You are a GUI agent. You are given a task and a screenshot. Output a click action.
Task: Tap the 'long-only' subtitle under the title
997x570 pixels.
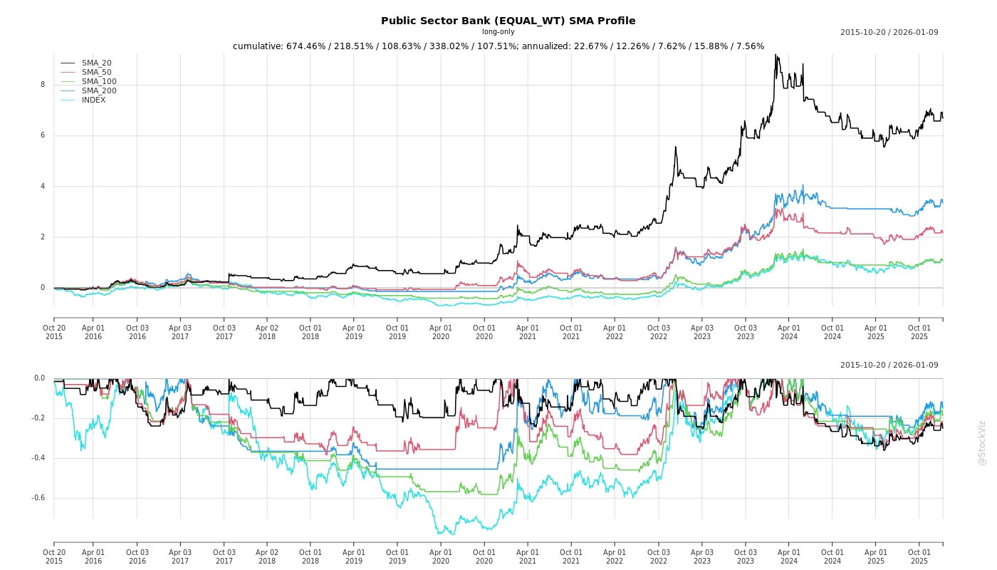498,32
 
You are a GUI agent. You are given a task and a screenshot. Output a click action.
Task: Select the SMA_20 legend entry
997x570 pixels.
96,63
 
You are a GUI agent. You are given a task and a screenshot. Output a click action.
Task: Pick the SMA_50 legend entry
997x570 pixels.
96,73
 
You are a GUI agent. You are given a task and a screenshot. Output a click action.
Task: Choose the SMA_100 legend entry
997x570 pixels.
99,82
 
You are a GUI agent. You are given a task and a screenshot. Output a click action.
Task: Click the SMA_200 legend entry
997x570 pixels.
99,91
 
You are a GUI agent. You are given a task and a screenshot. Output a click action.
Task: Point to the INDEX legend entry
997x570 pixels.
93,100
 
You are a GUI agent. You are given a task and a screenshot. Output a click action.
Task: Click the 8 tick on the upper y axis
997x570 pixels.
43,85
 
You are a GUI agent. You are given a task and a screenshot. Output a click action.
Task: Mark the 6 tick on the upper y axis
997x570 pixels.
43,135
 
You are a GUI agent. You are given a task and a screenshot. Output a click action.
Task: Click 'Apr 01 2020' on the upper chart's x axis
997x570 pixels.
441,331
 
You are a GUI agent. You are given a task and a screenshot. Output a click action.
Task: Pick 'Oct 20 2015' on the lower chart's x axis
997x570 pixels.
54,556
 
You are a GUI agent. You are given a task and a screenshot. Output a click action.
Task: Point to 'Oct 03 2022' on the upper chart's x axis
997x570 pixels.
659,331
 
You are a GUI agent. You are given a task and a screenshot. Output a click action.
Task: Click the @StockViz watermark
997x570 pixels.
982,442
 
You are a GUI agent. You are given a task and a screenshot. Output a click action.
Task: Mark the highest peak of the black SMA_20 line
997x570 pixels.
776,54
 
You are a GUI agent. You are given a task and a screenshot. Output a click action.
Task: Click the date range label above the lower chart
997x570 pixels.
889,366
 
